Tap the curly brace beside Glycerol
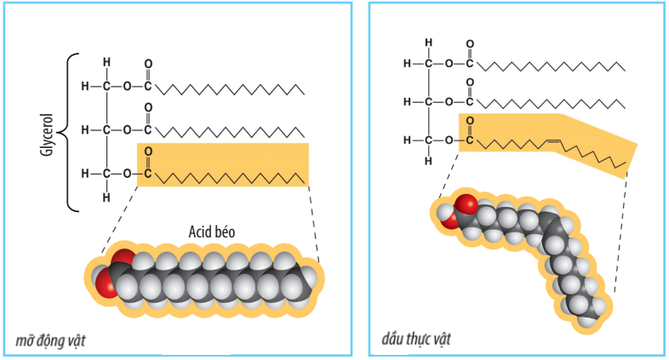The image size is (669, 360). tap(71, 132)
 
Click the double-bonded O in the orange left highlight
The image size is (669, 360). tap(149, 152)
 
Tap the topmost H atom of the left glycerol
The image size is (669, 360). tap(106, 61)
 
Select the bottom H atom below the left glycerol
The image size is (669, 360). tap(106, 198)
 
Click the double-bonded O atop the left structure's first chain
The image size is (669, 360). tap(149, 64)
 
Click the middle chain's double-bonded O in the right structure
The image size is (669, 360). tap(470, 83)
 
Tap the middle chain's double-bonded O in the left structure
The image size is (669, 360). tap(149, 108)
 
